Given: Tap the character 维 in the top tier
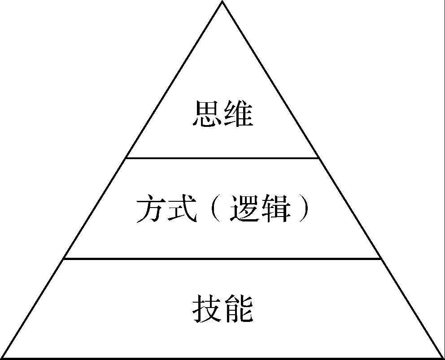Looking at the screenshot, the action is coord(238,113).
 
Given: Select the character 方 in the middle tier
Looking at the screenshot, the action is coord(151,208).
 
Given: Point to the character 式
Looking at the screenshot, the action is coord(182,208).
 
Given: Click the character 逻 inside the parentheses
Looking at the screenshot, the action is coord(244,208).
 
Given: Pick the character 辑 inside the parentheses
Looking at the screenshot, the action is coord(275,208).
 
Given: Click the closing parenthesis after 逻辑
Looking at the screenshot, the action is coord(304,208).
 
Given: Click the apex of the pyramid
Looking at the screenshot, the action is coord(222,1).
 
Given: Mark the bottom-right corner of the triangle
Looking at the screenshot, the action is coord(443,358).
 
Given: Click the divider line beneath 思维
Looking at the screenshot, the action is coord(222,158).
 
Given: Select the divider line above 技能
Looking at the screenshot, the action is coord(222,258).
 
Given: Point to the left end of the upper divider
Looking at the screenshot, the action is coord(126,158).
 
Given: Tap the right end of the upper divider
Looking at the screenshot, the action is coord(318,158).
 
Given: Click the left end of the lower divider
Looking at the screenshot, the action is coord(64,258).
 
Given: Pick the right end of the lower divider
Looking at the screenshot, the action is coord(381,258).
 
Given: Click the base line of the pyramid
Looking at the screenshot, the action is coord(222,358).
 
